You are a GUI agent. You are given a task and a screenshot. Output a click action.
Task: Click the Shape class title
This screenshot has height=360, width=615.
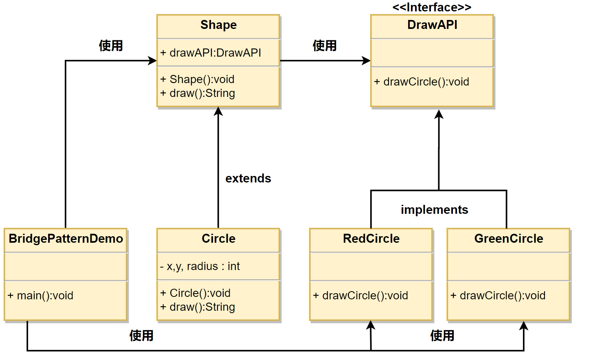[219, 25]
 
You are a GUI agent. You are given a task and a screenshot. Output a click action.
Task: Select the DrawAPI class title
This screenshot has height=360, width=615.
[433, 25]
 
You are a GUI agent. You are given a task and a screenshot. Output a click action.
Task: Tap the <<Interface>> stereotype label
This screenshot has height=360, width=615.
[432, 7]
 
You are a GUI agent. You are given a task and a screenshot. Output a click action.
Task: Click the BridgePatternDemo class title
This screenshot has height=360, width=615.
[66, 238]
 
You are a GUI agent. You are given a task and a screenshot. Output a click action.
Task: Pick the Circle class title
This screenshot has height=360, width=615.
[219, 238]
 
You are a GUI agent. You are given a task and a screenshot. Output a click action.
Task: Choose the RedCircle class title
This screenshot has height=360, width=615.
[371, 238]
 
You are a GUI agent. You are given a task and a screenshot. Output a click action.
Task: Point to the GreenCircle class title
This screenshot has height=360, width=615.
[509, 238]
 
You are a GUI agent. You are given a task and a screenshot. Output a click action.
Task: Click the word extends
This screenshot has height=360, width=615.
[248, 178]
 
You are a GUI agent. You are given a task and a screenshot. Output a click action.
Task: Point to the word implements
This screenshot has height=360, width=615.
[434, 210]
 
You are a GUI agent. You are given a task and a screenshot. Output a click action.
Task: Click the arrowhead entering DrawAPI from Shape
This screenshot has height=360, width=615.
[366, 61]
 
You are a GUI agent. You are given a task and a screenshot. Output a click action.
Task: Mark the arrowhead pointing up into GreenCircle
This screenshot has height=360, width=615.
[524, 326]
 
